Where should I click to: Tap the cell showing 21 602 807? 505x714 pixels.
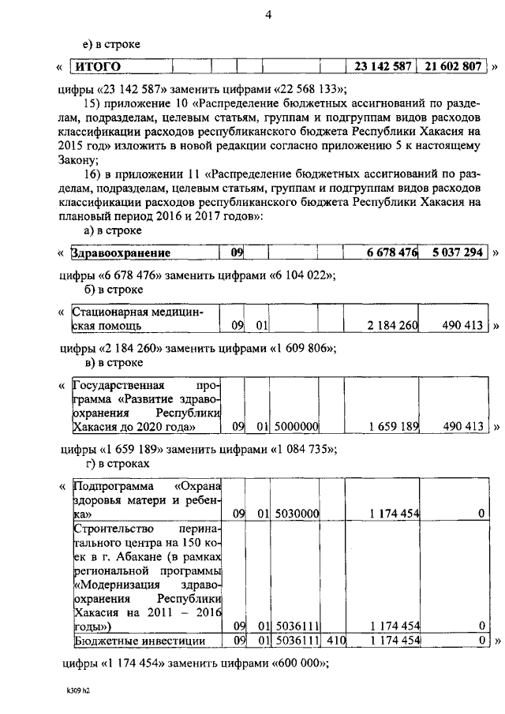[451, 67]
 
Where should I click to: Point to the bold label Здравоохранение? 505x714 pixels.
[121, 253]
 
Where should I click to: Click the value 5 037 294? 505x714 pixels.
[457, 253]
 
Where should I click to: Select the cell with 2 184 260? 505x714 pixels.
[391, 325]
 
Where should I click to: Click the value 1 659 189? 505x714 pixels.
[391, 427]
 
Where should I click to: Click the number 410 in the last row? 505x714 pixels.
[336, 640]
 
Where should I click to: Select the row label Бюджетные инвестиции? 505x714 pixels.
[140, 640]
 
